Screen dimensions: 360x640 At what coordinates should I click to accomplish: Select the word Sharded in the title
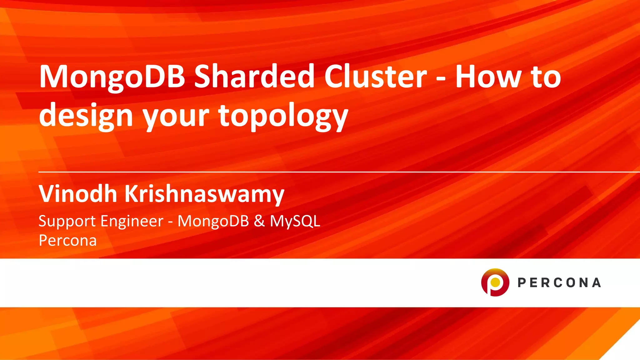click(254, 76)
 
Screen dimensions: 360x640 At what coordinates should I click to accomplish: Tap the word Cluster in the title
click(375, 76)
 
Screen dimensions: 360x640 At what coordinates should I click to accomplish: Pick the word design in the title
click(86, 116)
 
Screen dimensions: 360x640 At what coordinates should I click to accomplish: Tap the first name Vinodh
click(78, 194)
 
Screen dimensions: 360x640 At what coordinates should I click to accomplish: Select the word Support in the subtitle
click(67, 221)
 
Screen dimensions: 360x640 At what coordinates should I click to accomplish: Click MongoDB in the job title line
click(213, 221)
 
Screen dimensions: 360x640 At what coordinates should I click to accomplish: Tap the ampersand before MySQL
click(259, 221)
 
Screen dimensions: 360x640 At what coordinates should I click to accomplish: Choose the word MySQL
click(295, 222)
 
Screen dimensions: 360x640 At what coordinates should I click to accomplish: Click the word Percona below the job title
click(67, 241)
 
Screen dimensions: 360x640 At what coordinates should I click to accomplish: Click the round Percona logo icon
click(495, 282)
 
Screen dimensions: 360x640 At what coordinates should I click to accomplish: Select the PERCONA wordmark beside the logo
click(559, 282)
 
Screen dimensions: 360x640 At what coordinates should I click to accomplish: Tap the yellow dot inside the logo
click(495, 282)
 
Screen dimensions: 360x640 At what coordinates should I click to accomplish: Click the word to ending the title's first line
click(546, 77)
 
